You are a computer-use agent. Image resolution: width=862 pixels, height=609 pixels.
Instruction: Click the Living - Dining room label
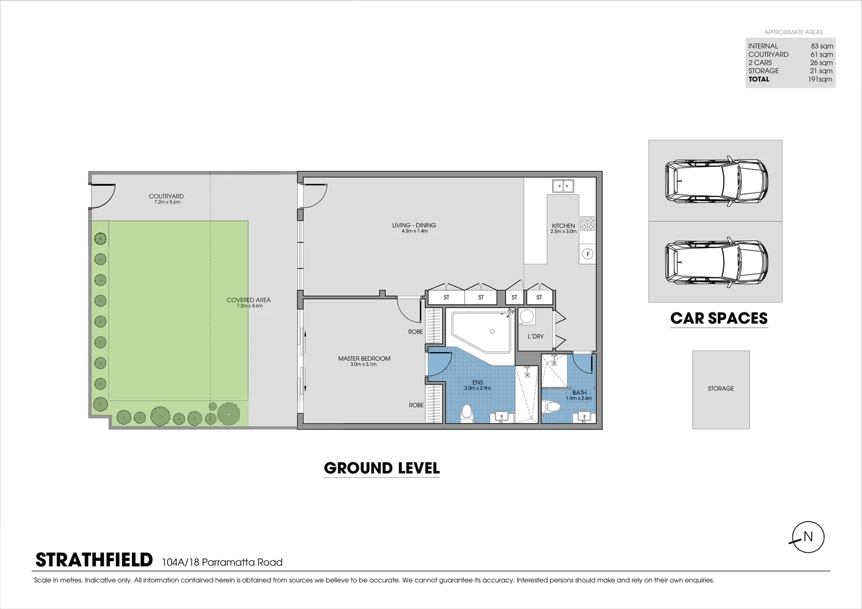click(414, 226)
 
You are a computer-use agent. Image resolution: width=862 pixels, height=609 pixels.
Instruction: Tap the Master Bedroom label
click(364, 359)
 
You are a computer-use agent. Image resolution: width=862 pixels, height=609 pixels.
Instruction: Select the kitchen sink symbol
click(562, 185)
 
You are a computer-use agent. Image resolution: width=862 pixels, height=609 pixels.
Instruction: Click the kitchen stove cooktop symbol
click(587, 224)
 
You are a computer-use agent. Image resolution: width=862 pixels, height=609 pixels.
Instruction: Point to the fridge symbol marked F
click(587, 254)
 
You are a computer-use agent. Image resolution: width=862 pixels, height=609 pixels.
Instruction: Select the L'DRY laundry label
click(535, 337)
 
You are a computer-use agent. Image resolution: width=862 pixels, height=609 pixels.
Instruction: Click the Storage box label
click(720, 389)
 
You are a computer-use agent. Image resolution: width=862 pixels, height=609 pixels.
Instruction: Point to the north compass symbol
click(807, 537)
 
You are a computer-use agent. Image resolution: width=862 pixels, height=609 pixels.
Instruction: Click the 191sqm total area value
click(820, 80)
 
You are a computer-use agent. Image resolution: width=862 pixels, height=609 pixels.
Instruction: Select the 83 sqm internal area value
click(821, 46)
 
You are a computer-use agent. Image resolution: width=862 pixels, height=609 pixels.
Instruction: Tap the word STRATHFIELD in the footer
click(94, 560)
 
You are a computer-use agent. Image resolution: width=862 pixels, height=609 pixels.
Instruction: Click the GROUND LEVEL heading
click(381, 468)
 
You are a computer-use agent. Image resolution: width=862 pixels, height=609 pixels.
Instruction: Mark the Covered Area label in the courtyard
click(248, 300)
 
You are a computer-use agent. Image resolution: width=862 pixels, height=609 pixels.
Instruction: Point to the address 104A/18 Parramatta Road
click(222, 562)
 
